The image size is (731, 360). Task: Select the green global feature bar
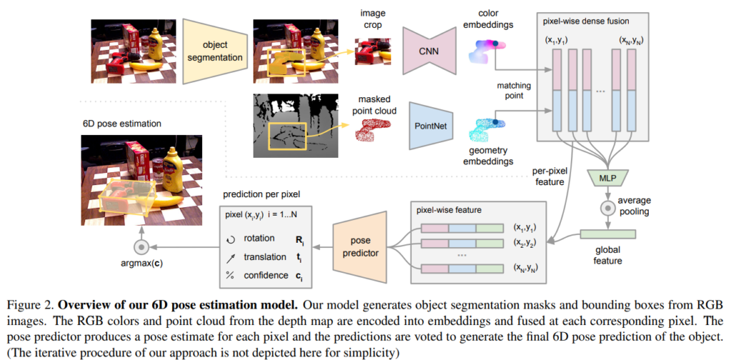click(607, 234)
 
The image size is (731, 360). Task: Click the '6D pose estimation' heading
click(122, 124)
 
